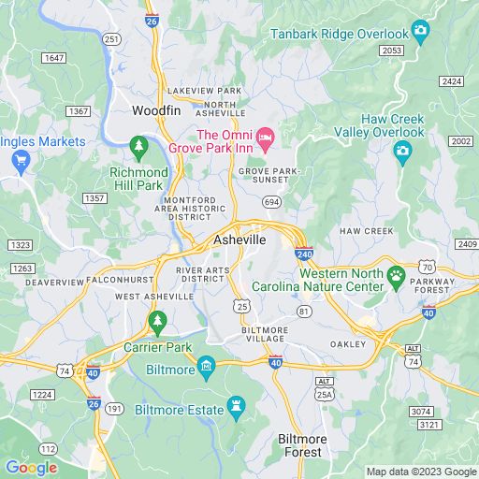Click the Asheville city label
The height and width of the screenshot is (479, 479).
[239, 239]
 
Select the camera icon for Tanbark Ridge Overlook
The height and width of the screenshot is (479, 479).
[421, 31]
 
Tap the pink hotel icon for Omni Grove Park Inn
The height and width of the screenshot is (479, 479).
[265, 138]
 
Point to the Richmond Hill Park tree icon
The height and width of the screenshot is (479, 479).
[138, 146]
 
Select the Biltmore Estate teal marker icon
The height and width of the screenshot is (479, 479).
[236, 407]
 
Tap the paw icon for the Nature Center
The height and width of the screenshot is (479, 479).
[398, 275]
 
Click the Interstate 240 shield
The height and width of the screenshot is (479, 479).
[303, 253]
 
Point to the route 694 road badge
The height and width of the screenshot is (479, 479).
[271, 201]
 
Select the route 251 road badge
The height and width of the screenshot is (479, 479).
[111, 38]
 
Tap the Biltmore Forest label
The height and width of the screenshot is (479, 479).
[299, 445]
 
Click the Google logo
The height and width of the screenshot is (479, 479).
[31, 468]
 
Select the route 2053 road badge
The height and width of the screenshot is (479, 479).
[392, 50]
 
